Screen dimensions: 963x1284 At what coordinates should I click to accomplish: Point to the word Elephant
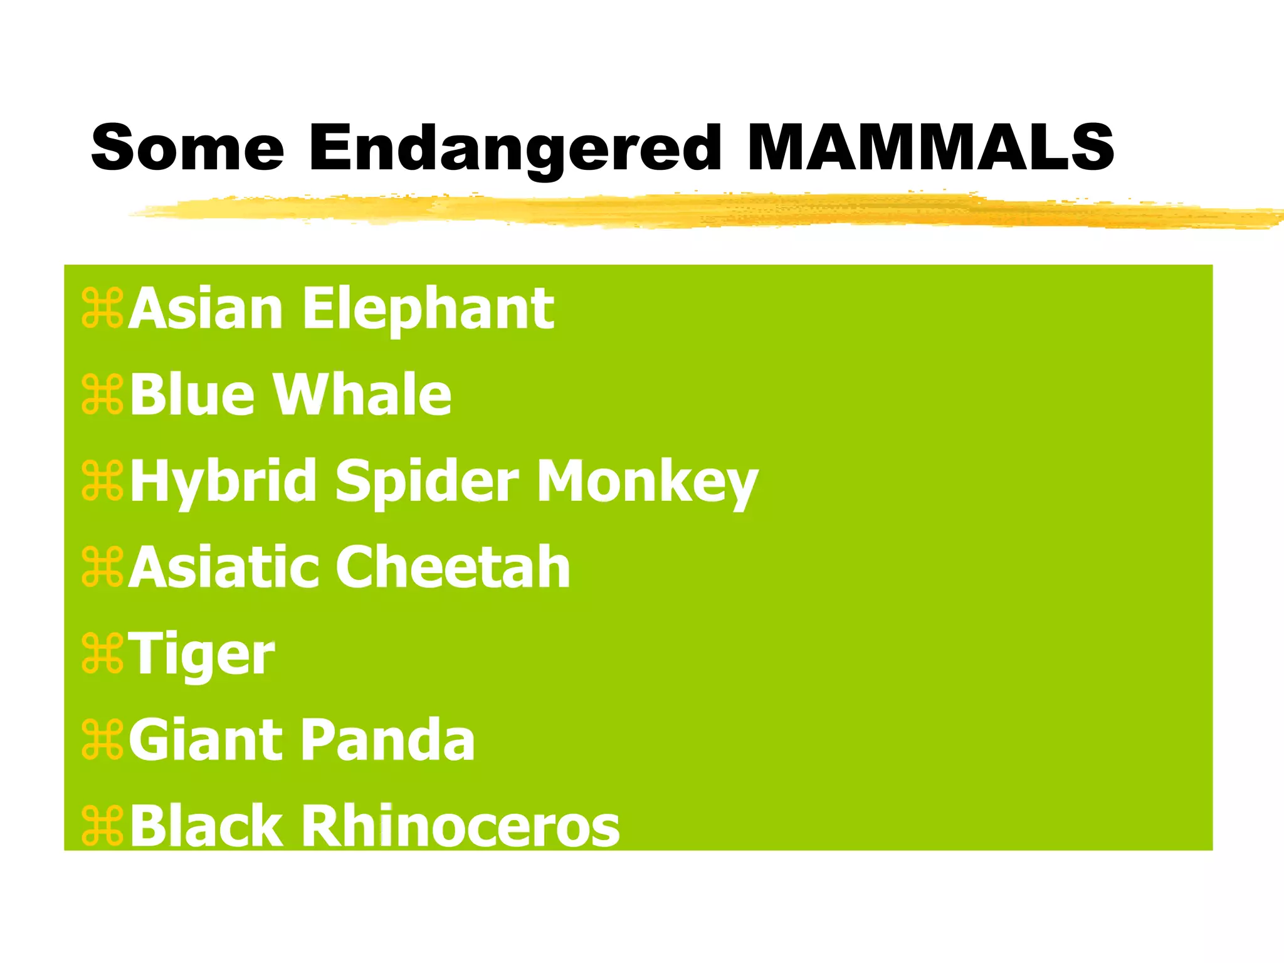(x=428, y=309)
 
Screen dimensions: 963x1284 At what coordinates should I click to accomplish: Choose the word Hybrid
(x=224, y=481)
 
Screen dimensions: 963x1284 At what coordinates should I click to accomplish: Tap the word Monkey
(x=648, y=481)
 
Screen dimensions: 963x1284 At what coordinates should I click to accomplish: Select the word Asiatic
(x=223, y=567)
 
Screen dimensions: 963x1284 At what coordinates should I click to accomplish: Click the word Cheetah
(x=453, y=567)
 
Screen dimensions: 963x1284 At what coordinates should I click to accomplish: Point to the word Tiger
(x=202, y=655)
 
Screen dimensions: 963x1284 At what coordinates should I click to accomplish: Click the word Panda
(x=389, y=740)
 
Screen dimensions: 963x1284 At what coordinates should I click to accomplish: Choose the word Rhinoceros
(x=461, y=826)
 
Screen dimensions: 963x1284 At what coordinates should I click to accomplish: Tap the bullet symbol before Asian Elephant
(x=102, y=308)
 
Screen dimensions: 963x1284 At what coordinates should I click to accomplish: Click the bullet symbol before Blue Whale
(x=102, y=395)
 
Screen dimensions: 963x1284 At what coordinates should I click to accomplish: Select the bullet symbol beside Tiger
(x=102, y=654)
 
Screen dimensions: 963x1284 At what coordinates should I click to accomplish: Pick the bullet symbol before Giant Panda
(x=102, y=740)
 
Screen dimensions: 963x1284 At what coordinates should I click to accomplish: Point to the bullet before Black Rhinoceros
(x=102, y=826)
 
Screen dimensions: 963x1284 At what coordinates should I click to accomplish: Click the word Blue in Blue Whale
(x=192, y=394)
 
